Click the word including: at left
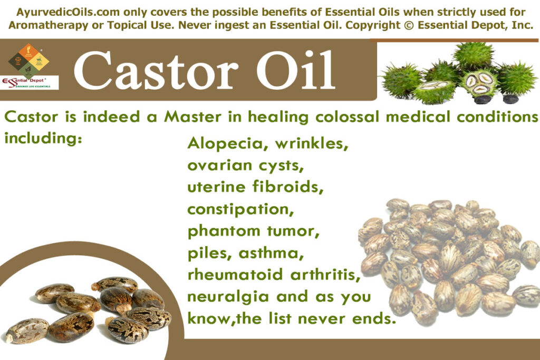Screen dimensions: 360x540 [41, 138]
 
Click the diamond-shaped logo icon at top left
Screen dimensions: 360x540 [28, 59]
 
